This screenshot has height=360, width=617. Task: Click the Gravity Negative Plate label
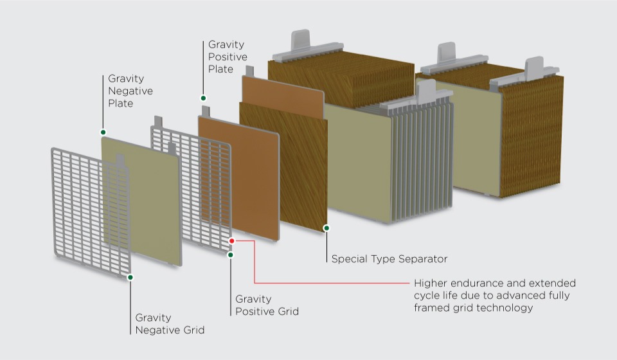[x=130, y=91]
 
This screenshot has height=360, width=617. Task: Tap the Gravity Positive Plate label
[x=227, y=57]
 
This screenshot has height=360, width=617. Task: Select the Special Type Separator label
[x=389, y=259]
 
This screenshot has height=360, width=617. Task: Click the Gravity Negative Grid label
[x=170, y=324]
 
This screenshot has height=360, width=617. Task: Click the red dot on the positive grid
[x=232, y=241]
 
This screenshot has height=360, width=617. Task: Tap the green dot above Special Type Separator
[x=326, y=228]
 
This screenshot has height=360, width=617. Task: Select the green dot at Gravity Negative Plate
[x=103, y=132]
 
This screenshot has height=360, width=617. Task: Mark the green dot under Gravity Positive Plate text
[x=203, y=98]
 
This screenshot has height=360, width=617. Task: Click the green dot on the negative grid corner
[x=130, y=278]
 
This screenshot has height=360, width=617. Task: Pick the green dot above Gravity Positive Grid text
[x=231, y=255]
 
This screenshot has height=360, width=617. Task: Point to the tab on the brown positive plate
[x=206, y=111]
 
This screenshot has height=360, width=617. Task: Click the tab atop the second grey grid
[x=157, y=121]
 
